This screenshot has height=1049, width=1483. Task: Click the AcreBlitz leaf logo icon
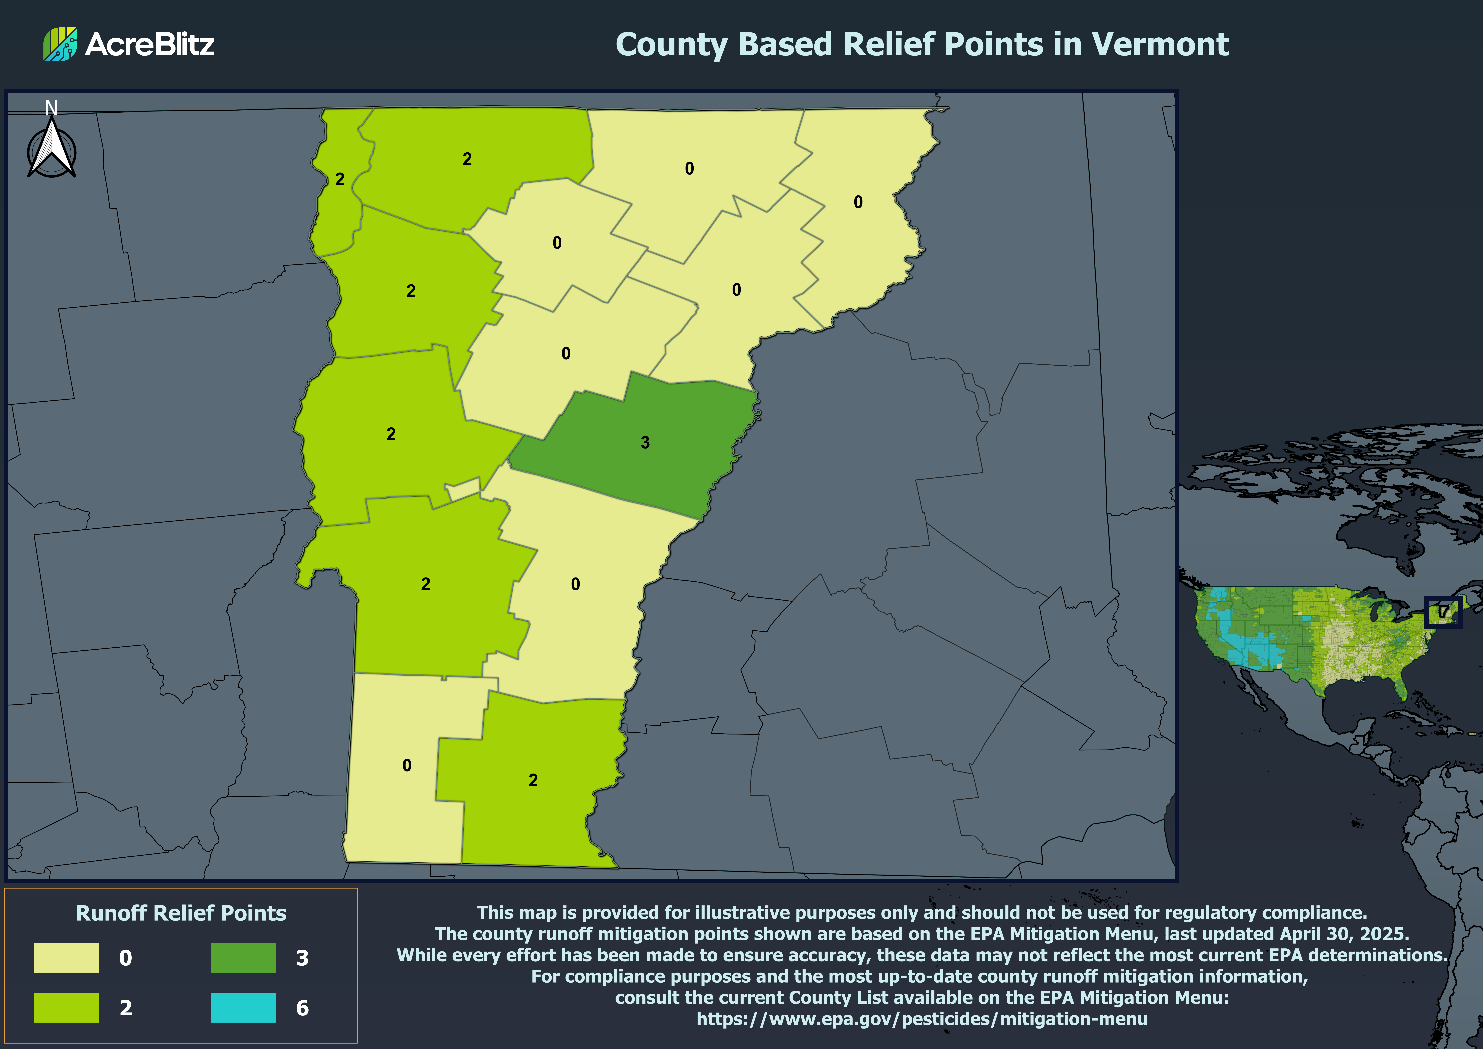60,44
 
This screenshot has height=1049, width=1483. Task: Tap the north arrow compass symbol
52,150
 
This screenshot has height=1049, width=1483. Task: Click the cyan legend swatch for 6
243,1007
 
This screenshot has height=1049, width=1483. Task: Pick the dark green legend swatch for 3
243,957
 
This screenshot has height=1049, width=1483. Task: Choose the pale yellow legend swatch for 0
67,957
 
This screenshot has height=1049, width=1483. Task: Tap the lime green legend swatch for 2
67,1007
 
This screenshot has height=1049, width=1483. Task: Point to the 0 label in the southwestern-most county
406,765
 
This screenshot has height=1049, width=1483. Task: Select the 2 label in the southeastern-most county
533,780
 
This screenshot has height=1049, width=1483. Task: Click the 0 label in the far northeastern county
858,202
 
